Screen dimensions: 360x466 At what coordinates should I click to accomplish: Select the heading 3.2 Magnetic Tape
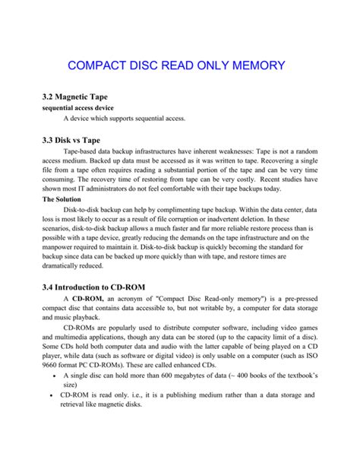(77, 98)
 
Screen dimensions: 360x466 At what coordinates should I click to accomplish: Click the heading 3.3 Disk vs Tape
(71, 140)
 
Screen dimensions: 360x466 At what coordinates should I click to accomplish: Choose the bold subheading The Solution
(66, 199)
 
